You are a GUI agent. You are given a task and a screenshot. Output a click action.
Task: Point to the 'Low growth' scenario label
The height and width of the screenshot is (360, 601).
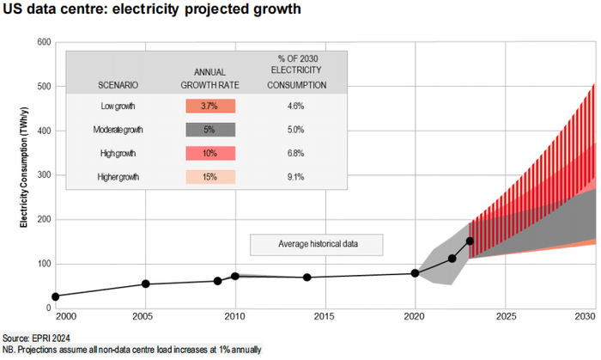(x=118, y=106)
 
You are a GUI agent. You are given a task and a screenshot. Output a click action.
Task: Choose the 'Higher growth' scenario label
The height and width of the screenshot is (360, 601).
(x=118, y=177)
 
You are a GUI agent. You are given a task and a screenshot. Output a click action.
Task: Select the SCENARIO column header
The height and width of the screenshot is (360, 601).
(x=118, y=86)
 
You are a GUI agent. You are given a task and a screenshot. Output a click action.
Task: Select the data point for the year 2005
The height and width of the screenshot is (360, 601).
(x=146, y=284)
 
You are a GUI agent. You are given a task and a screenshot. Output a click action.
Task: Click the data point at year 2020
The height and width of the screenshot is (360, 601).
(x=416, y=273)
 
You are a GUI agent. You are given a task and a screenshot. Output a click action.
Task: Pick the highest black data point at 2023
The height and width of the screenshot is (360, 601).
(x=470, y=241)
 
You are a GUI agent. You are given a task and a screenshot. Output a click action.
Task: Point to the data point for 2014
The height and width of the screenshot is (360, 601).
(x=307, y=277)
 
